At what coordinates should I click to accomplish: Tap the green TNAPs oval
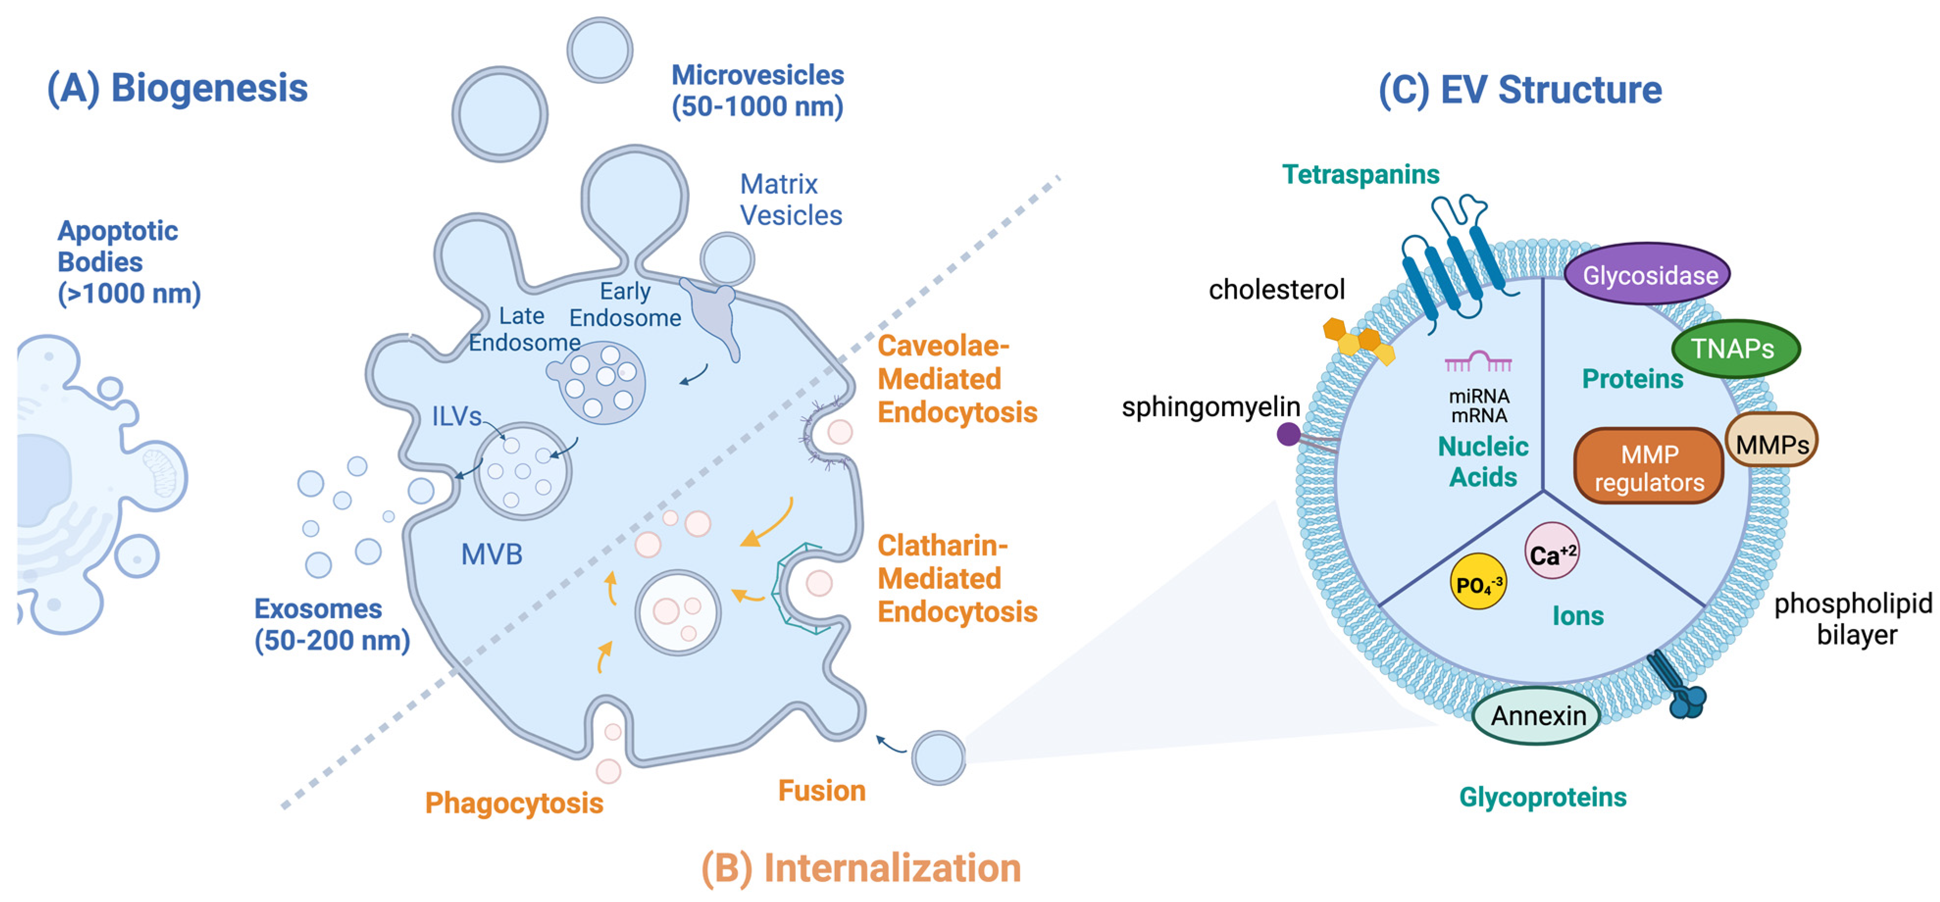pos(1735,349)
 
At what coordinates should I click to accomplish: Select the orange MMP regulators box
pos(1649,467)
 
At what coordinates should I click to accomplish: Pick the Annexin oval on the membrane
pos(1537,715)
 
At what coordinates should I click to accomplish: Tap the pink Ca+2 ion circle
pos(1551,553)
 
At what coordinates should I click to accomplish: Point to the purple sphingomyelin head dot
pos(1288,434)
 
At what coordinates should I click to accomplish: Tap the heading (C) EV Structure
pos(1520,90)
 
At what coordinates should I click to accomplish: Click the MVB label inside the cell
pos(491,554)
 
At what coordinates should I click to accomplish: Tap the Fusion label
pos(821,791)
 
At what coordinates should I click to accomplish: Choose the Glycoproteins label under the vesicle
pos(1542,797)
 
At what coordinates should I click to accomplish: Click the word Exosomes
pos(318,608)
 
